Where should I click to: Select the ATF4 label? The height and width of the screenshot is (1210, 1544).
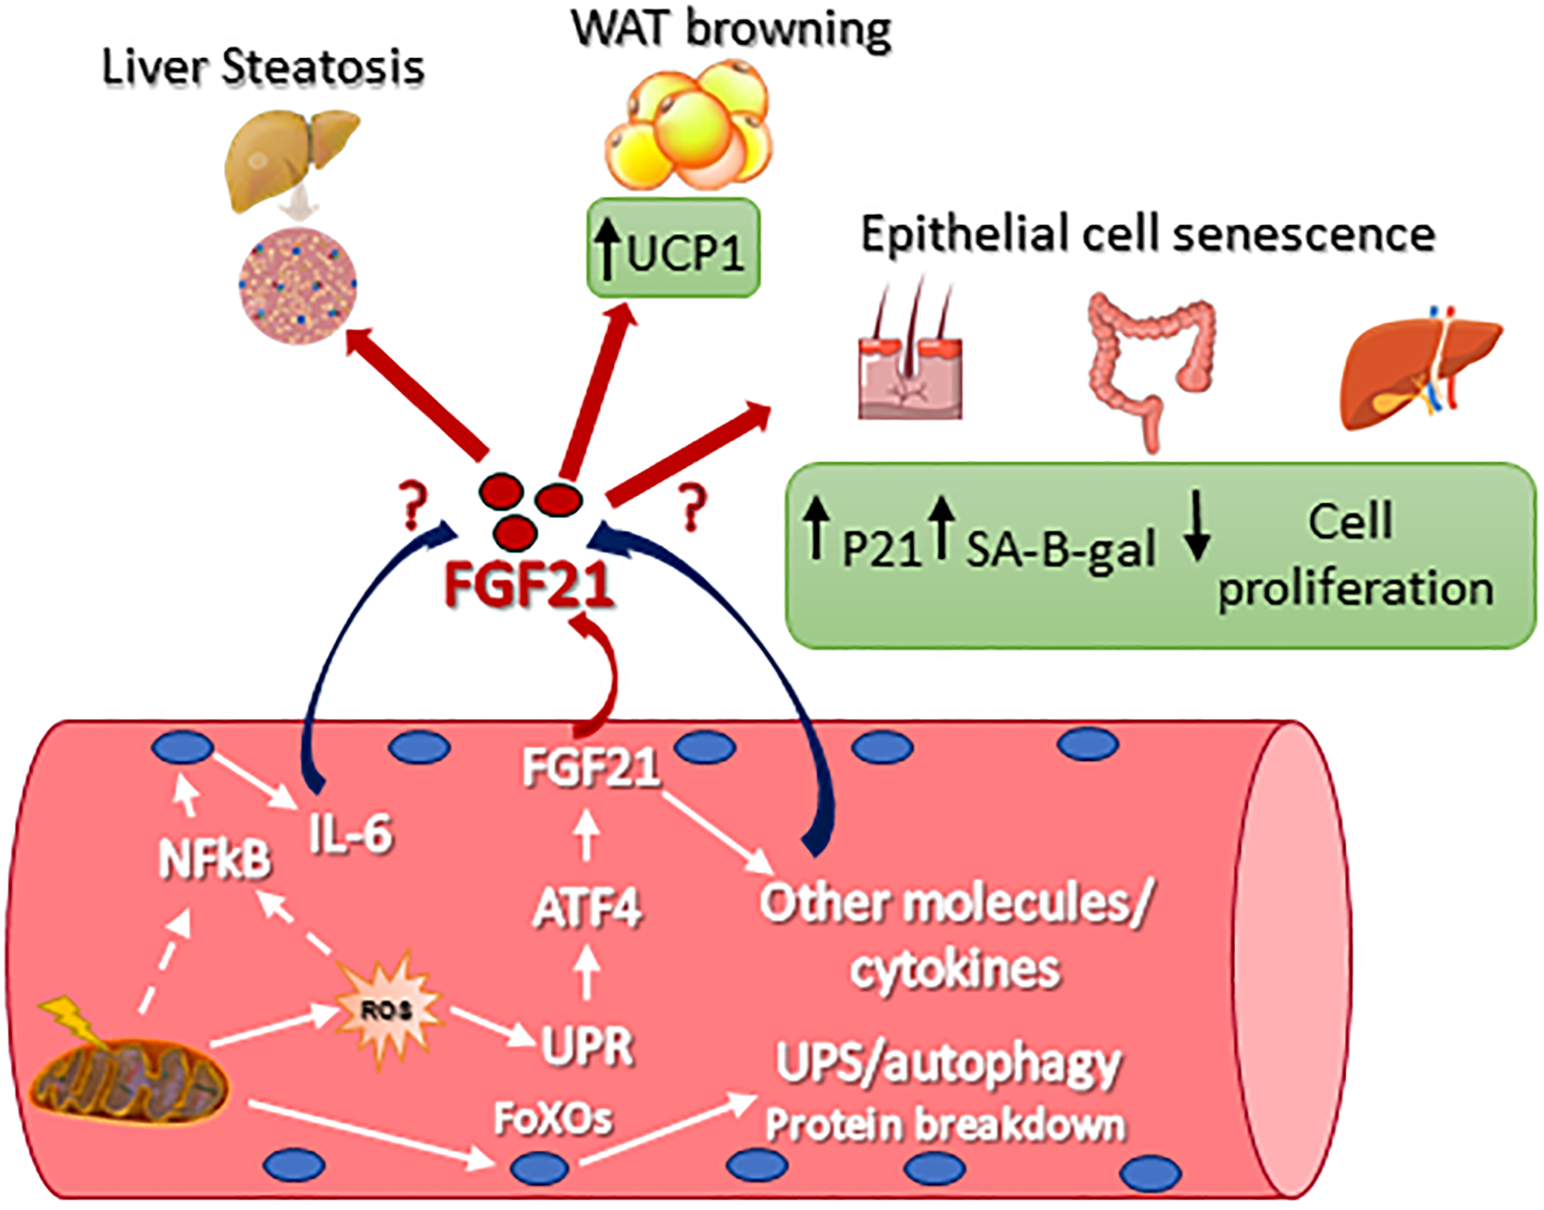(588, 908)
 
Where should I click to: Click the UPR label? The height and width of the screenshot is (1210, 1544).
(587, 1045)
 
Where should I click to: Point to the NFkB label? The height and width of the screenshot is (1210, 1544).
(214, 860)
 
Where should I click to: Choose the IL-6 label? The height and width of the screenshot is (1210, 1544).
(350, 834)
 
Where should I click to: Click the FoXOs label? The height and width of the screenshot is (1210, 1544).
(553, 1118)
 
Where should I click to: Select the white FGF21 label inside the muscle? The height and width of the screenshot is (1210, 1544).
(590, 767)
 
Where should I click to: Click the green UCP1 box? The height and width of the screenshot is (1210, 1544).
(674, 248)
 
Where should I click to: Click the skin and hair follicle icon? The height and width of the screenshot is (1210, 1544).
(910, 358)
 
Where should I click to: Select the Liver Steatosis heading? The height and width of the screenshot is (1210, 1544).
(264, 67)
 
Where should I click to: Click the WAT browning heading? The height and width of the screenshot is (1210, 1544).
(731, 29)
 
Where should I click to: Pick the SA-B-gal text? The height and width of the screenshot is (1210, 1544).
(1061, 550)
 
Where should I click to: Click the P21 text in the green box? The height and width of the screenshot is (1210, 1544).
(881, 549)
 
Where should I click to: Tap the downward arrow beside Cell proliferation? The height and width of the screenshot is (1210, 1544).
(1197, 526)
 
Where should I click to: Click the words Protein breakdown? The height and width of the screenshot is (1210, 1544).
(944, 1125)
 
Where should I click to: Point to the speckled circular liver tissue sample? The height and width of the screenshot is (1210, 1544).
(298, 285)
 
